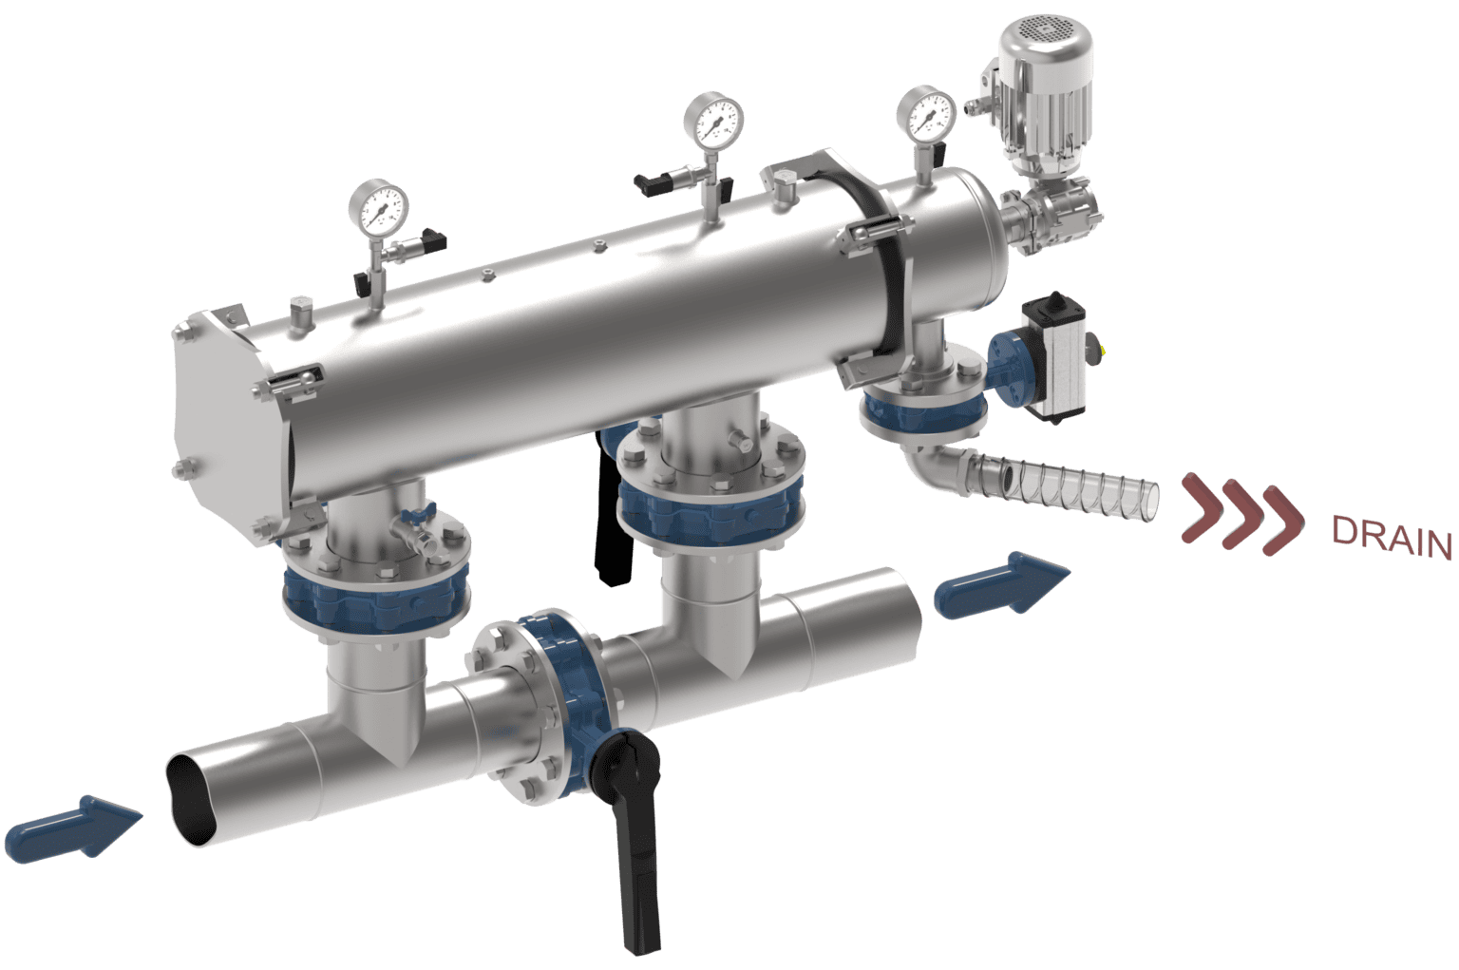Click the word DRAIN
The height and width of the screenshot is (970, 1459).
[1393, 538]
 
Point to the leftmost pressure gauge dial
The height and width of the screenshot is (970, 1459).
[378, 208]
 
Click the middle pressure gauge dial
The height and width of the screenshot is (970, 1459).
[713, 120]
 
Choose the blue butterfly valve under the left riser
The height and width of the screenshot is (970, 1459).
[375, 598]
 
